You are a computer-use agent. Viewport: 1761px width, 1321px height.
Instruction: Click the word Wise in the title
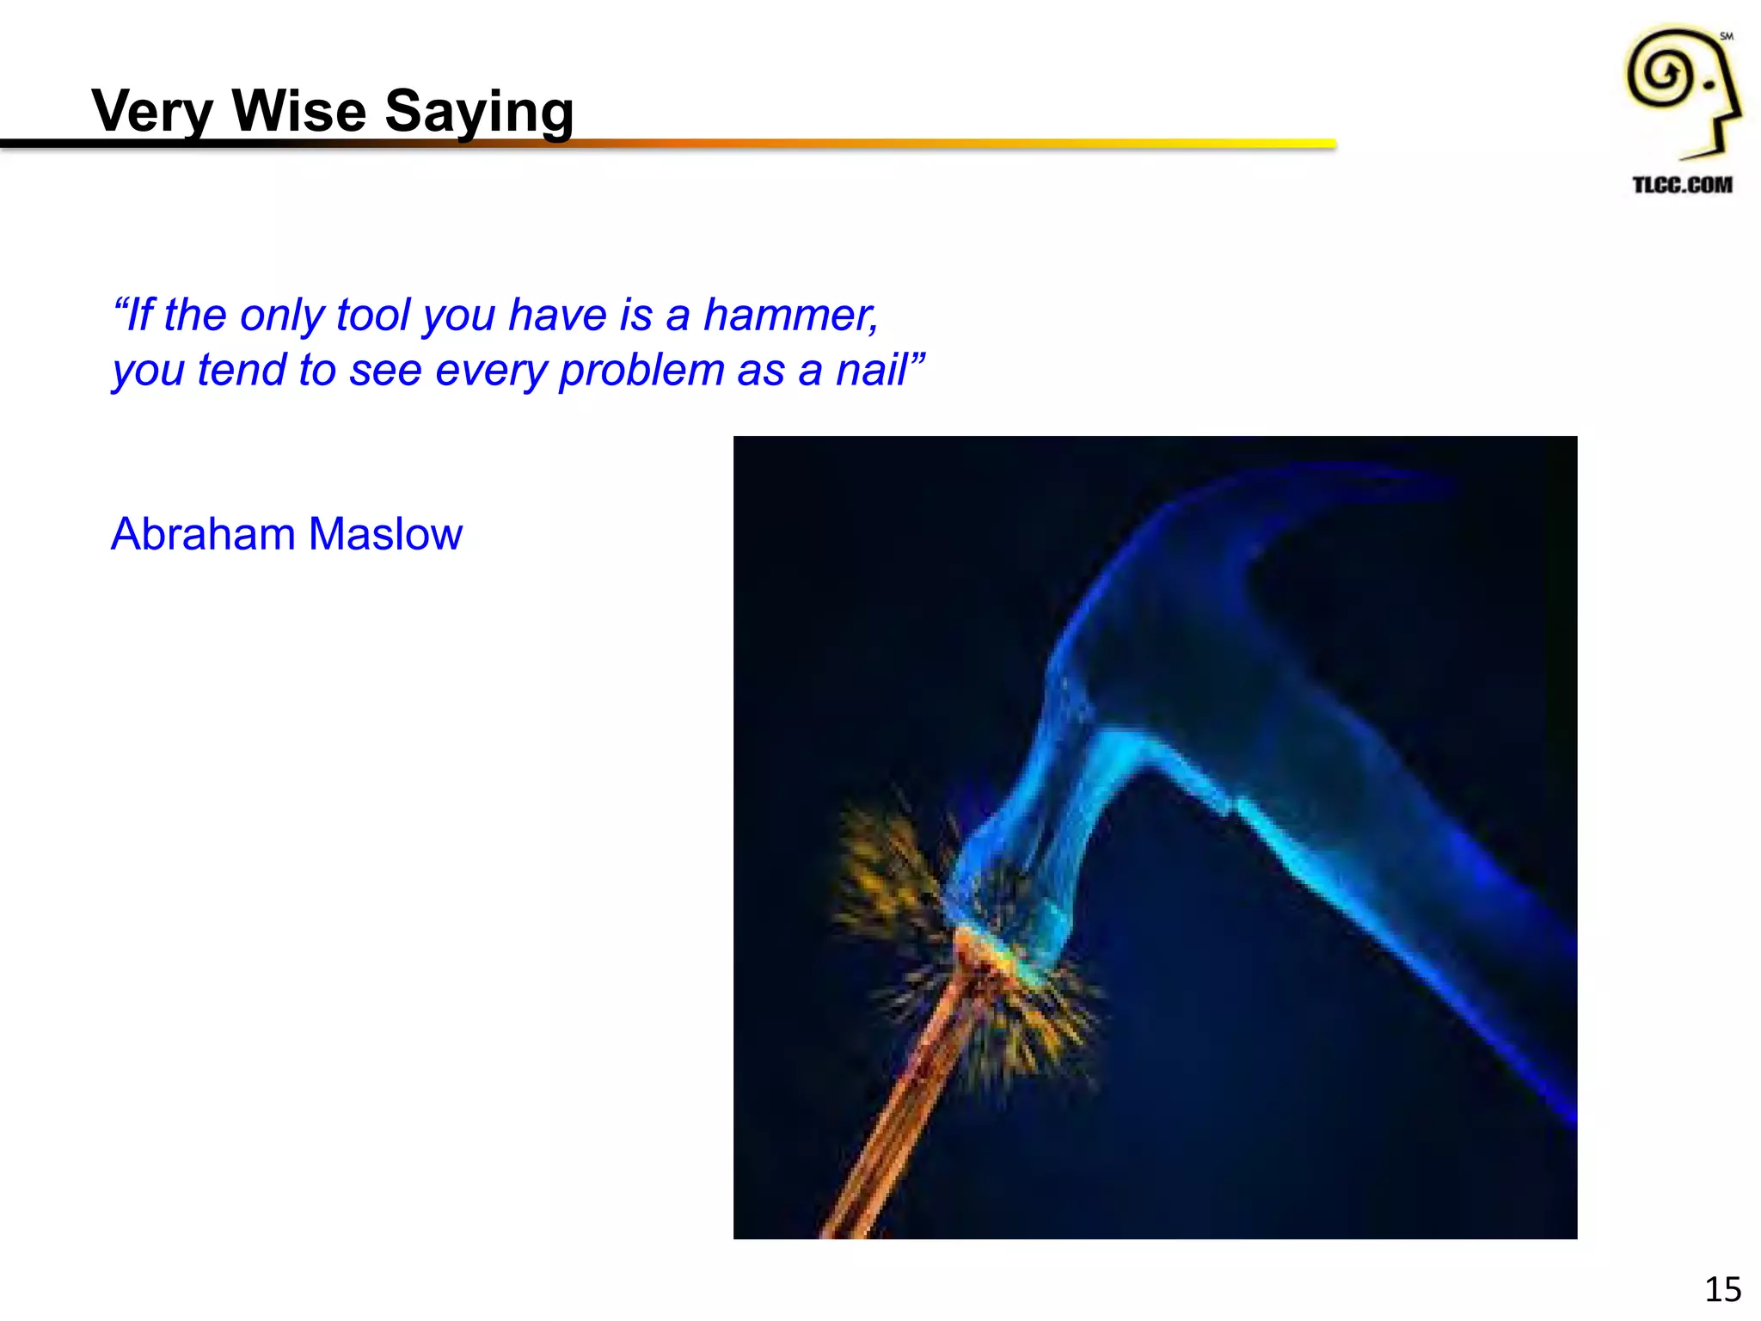pos(298,111)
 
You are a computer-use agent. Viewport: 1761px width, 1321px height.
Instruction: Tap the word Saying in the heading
pos(478,113)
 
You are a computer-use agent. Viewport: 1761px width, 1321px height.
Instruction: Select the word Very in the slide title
pos(151,113)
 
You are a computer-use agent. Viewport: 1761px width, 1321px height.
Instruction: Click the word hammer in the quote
pos(789,315)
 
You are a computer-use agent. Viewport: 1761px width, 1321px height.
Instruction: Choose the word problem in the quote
pos(641,372)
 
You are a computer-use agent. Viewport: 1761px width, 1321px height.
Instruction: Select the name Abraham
pos(203,534)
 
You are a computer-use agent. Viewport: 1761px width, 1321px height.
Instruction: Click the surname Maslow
pos(385,534)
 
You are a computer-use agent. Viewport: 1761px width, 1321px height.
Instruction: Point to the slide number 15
pos(1722,1289)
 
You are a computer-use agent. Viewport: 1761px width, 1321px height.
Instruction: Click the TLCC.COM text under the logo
pos(1682,185)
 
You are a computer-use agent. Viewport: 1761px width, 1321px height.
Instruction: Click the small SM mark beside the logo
pos(1726,36)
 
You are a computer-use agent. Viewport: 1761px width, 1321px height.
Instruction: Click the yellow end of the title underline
pos(1316,144)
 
